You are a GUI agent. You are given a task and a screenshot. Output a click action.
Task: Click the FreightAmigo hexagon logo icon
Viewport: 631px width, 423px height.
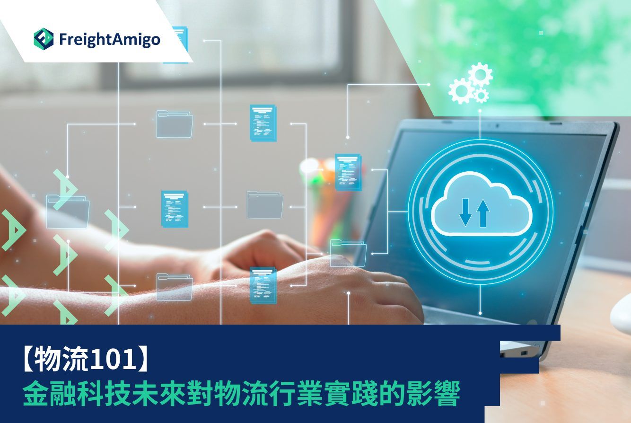click(x=44, y=39)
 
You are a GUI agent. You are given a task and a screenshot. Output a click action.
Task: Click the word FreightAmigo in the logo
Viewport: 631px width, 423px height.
click(x=110, y=39)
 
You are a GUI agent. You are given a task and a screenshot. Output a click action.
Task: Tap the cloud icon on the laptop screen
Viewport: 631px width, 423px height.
click(x=482, y=203)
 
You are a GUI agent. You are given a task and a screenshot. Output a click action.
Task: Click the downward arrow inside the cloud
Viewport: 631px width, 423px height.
click(x=465, y=212)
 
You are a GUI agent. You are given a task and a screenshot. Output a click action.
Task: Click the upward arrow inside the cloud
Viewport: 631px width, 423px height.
click(x=483, y=213)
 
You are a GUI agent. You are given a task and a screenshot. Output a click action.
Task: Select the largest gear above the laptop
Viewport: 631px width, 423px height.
click(x=480, y=75)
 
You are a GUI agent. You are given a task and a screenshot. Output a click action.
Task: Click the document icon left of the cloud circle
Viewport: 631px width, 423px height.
click(x=348, y=172)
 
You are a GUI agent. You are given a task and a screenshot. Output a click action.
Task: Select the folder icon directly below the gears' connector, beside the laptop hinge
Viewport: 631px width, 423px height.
click(x=348, y=253)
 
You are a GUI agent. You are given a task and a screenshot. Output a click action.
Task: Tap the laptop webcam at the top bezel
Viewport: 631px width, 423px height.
click(x=498, y=125)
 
